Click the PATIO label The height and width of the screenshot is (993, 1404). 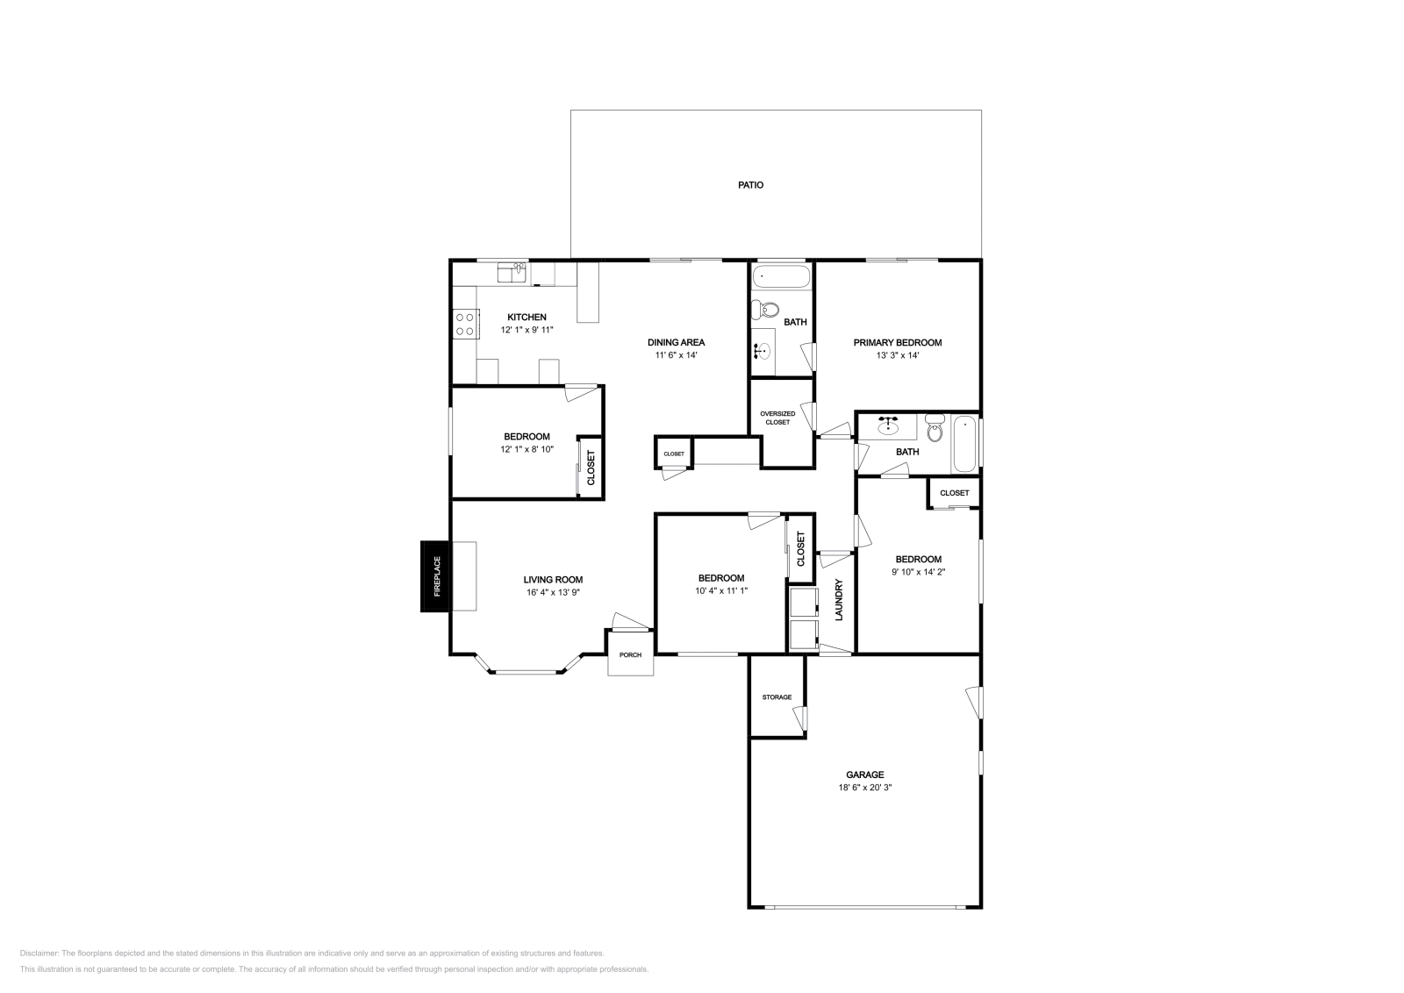point(750,185)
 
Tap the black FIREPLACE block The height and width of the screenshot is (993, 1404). point(435,576)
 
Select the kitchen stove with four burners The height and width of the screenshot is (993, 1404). point(465,324)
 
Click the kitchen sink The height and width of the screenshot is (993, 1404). point(512,273)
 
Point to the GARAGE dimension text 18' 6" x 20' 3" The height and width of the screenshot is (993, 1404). point(865,788)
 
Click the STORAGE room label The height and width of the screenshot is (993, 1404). point(777,697)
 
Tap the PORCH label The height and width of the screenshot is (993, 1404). point(631,654)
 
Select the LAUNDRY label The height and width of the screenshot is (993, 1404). point(839,599)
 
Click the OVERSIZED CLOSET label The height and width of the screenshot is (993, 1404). point(777,418)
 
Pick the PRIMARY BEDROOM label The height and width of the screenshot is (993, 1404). point(898,343)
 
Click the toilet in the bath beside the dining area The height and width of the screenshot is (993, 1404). point(765,309)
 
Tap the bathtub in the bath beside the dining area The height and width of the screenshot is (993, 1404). point(781,275)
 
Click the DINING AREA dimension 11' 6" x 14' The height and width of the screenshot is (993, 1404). point(677,355)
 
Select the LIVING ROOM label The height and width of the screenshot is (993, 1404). point(553,580)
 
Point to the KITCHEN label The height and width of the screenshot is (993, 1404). point(526,317)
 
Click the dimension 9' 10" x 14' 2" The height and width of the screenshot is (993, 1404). point(918,572)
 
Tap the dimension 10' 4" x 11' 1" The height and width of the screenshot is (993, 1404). point(720,590)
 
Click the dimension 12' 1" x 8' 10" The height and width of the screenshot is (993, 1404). point(526,449)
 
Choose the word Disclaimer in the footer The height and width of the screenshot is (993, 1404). point(39,953)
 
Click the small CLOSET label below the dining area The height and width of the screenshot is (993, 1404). point(674,454)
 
